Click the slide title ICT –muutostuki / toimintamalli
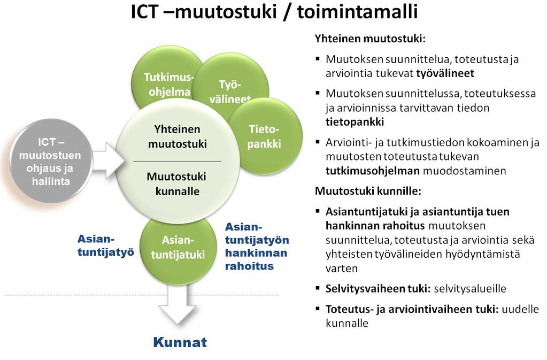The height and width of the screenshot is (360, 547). [x=274, y=12]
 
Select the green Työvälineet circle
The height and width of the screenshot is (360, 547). [x=230, y=89]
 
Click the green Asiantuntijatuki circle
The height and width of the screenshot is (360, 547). [x=178, y=248]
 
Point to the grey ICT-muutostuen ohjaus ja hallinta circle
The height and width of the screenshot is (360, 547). [x=51, y=161]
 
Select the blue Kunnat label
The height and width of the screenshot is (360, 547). [x=180, y=342]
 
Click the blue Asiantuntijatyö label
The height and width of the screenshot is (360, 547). [x=106, y=246]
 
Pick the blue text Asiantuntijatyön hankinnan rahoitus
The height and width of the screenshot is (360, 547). [x=257, y=246]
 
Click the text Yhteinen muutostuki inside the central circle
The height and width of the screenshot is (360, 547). [x=178, y=136]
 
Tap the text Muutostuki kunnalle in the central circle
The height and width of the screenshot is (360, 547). [x=177, y=183]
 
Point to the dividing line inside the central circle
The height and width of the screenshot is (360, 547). [x=177, y=161]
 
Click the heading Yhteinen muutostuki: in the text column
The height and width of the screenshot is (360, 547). [x=370, y=39]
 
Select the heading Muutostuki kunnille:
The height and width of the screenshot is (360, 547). [x=368, y=191]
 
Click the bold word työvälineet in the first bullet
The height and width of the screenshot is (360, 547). [x=445, y=73]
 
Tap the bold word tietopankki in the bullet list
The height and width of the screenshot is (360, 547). [x=355, y=122]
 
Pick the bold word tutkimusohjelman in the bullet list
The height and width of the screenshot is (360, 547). [x=373, y=171]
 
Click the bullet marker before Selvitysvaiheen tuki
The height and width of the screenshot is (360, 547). [x=318, y=288]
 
